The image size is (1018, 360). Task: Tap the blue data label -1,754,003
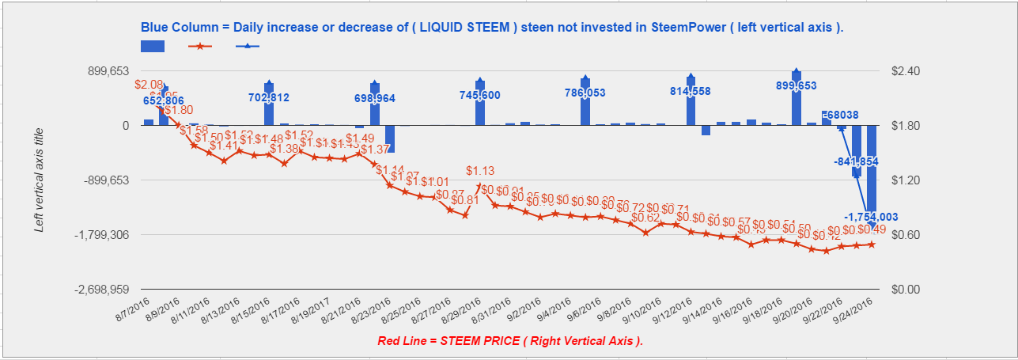coord(871,217)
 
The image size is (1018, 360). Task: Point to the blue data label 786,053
coord(585,93)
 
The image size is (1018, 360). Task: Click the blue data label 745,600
coord(479,95)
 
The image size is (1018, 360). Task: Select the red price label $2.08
coord(149,84)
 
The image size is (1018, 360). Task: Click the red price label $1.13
coord(479,170)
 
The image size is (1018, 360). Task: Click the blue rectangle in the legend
coord(153,46)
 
